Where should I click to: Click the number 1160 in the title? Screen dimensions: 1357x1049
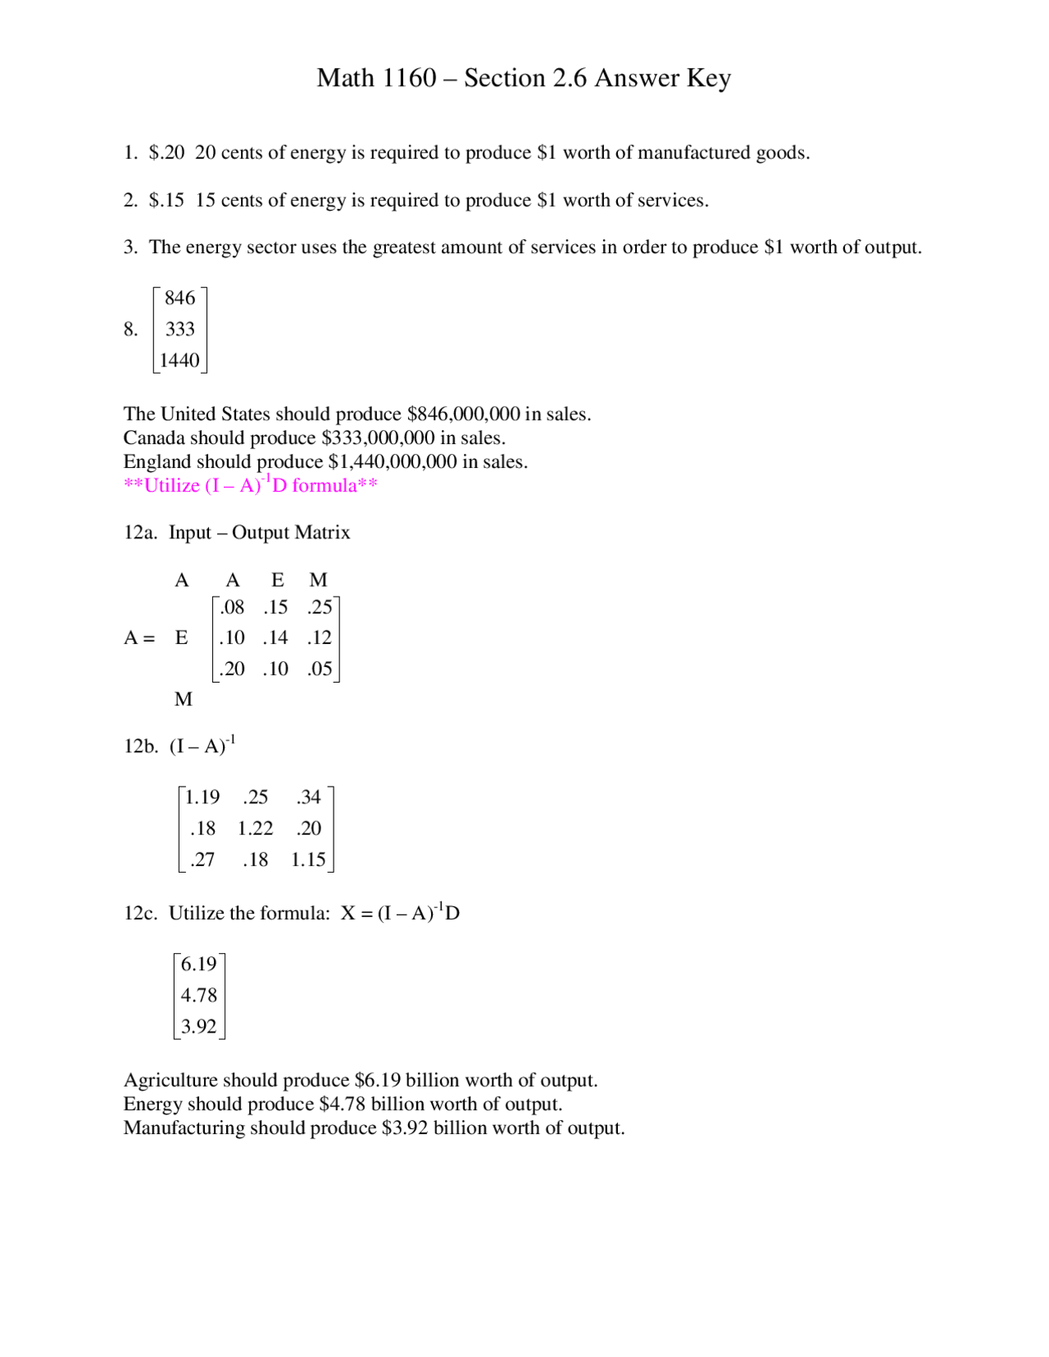(409, 78)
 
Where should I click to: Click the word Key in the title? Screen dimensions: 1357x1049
(709, 79)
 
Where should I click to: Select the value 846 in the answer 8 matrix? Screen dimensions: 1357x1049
(179, 298)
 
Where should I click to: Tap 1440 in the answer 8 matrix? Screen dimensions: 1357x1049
(179, 361)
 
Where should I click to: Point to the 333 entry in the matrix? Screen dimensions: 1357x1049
(179, 329)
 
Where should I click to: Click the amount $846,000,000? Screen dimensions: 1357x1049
(463, 414)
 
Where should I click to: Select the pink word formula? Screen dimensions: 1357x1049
(325, 486)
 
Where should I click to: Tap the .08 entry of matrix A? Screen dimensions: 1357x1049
(233, 607)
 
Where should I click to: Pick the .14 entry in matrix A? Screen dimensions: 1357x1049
(275, 638)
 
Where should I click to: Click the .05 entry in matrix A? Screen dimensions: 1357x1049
(320, 669)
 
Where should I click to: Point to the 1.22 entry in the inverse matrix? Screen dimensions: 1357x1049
(255, 828)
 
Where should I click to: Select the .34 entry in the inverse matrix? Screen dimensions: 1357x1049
(309, 797)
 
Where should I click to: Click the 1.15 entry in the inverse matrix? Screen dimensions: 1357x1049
(308, 860)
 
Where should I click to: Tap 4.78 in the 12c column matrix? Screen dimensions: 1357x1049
(198, 996)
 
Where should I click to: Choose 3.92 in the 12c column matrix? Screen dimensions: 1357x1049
(198, 1027)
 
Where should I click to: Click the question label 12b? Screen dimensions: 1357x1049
(140, 747)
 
